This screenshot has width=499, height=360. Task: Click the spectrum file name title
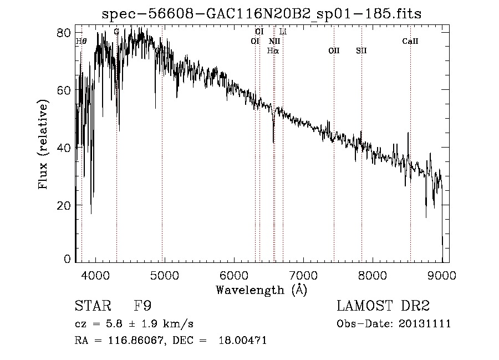click(x=262, y=14)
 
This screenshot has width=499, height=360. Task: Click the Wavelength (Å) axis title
click(x=261, y=290)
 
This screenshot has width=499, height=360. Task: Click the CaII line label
click(x=410, y=41)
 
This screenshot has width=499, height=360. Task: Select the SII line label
click(x=361, y=50)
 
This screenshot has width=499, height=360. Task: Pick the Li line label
click(x=283, y=32)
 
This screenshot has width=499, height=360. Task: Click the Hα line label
click(x=273, y=50)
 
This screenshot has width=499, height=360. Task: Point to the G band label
click(x=116, y=32)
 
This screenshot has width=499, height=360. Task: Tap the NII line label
click(x=274, y=41)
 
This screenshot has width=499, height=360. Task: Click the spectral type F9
click(x=143, y=306)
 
